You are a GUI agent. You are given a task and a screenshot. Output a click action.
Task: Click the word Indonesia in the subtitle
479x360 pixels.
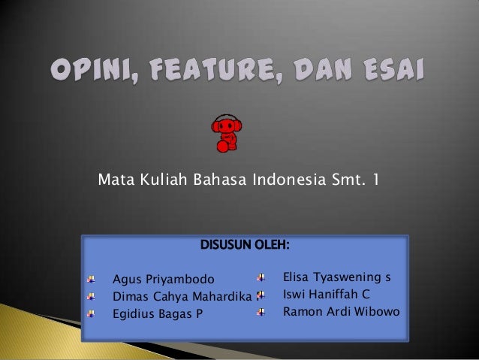pyautogui.click(x=285, y=180)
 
